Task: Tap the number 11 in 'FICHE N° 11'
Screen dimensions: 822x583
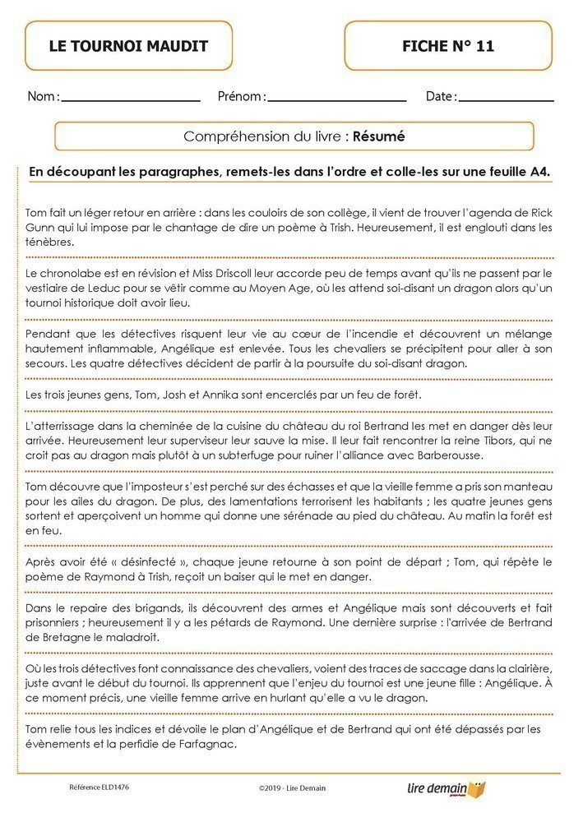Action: tap(484, 46)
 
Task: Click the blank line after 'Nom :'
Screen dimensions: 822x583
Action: tap(131, 100)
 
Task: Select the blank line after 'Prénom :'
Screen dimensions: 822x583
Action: tap(337, 100)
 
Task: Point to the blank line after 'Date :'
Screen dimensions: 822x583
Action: tap(506, 100)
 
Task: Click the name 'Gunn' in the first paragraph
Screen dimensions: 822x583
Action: tap(42, 226)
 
